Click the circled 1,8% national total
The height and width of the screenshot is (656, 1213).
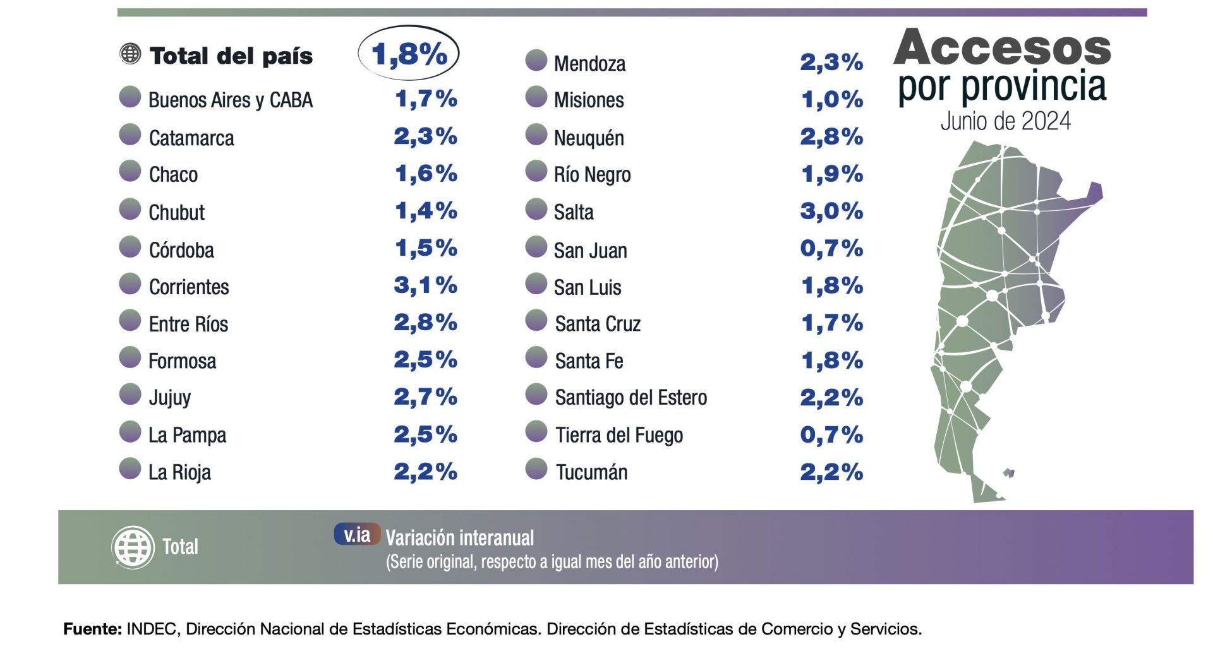[x=409, y=54]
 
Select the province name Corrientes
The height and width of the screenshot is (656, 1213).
[x=188, y=287]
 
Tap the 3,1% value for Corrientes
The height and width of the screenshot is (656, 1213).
[x=425, y=285]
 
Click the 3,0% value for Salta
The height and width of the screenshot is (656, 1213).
[x=831, y=211]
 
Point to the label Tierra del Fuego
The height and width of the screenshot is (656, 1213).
[x=619, y=435]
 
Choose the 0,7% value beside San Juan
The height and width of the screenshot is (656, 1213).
[x=831, y=248]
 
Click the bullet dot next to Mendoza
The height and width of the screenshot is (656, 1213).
[x=536, y=61]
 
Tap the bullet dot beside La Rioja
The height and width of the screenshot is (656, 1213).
[x=130, y=469]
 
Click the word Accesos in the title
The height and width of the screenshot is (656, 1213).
[x=1002, y=47]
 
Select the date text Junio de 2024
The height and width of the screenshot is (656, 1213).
[x=1005, y=121]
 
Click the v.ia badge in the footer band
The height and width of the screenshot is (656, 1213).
[x=357, y=535]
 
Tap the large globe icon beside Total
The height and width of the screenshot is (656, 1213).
[x=133, y=547]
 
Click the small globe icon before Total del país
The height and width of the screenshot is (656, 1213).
[x=130, y=54]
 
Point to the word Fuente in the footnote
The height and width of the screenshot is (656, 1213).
[x=92, y=629]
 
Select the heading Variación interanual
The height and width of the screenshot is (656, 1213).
[x=459, y=538]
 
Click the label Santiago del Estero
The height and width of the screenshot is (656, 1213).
[x=631, y=398]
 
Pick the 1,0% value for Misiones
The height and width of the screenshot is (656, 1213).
[x=831, y=99]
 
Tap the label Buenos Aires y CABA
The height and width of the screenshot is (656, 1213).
[x=230, y=100]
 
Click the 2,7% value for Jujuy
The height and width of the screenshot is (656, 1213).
[x=425, y=397]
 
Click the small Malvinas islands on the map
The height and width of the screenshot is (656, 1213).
[x=1009, y=472]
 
